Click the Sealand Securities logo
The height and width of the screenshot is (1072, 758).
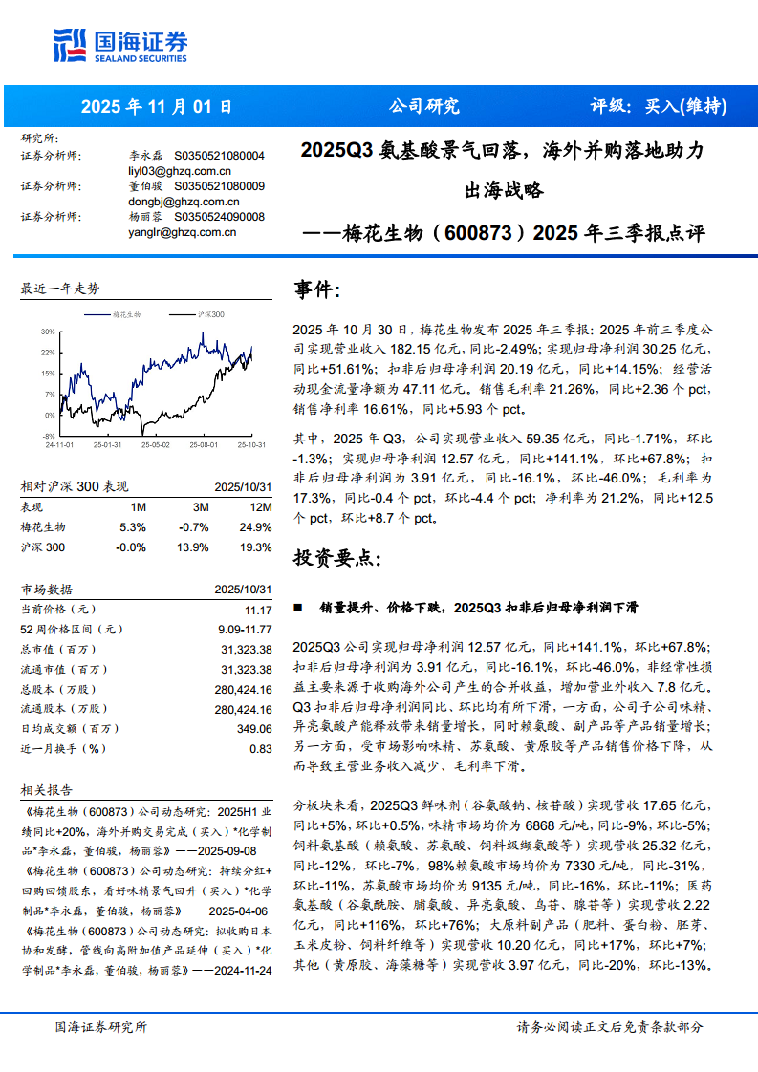[119, 44]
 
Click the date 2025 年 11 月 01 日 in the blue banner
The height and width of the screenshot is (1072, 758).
[157, 107]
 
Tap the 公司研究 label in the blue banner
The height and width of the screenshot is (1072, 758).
[422, 107]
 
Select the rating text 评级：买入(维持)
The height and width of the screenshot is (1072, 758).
[659, 107]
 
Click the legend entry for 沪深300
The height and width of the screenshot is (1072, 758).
[209, 313]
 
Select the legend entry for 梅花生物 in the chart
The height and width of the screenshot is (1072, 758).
[127, 313]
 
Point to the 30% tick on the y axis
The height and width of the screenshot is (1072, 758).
[47, 332]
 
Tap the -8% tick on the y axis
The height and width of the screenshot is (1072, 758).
[48, 437]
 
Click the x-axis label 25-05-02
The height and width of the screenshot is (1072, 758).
[155, 445]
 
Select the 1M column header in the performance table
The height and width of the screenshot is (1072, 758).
[138, 507]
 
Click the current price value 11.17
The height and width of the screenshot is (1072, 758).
[258, 610]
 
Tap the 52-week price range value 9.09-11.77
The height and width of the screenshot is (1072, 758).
[245, 629]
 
